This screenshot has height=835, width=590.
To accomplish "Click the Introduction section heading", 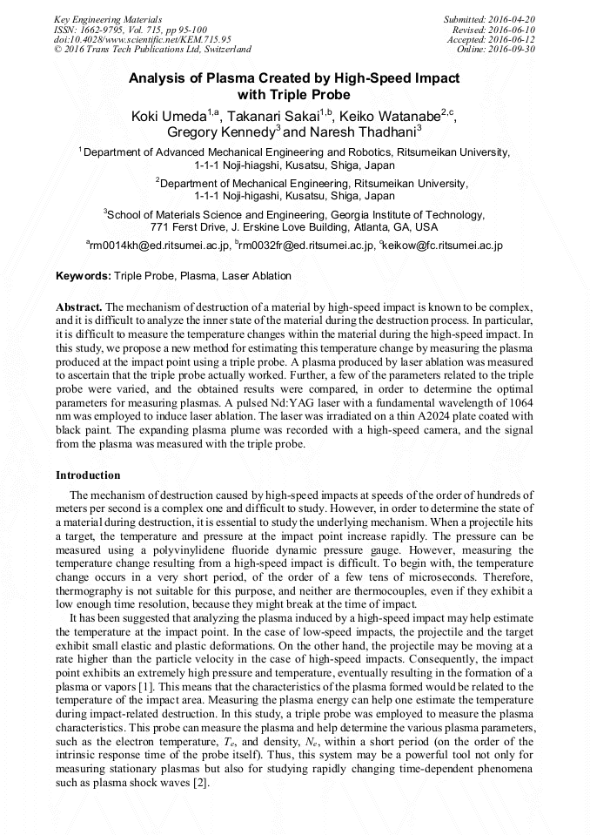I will click(88, 475).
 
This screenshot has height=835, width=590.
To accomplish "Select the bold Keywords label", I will click(84, 276).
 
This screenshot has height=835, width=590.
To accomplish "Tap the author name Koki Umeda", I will click(169, 117).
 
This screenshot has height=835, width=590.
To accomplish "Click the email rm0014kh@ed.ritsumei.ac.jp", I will click(160, 246).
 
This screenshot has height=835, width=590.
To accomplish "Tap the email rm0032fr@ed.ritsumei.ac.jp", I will click(305, 246).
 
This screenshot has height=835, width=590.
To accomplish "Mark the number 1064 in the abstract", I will click(519, 406).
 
